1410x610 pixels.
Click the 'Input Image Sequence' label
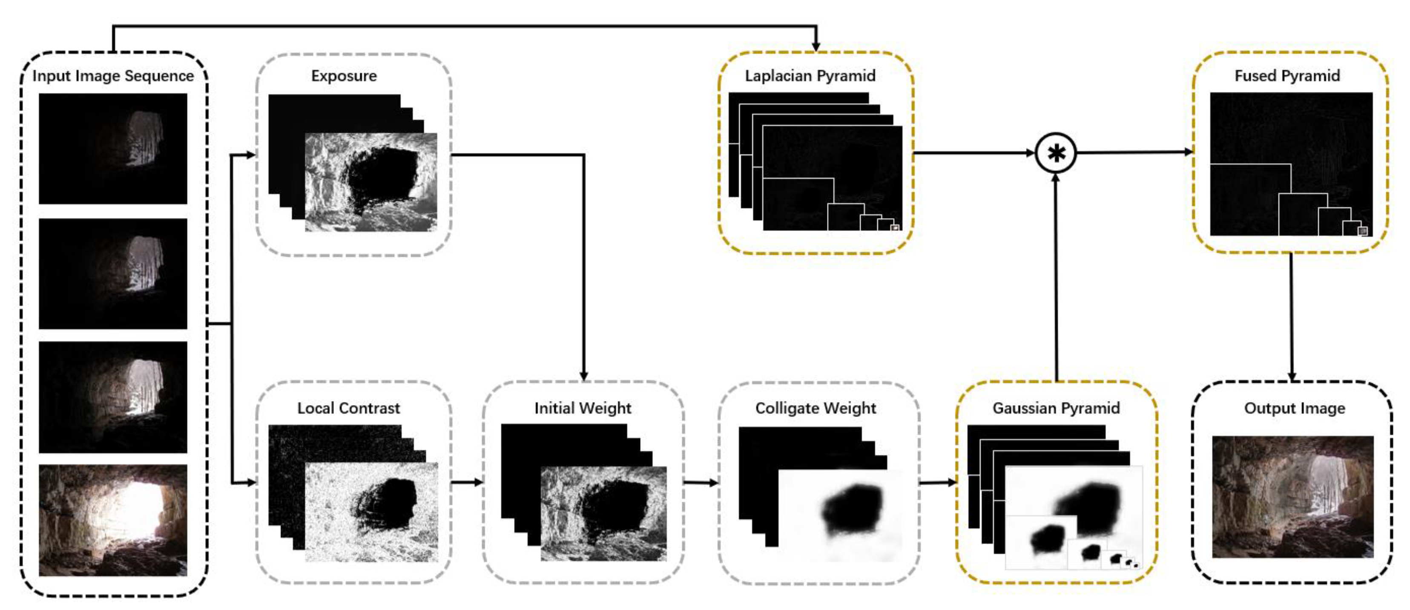click(113, 75)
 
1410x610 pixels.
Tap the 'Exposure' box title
click(344, 75)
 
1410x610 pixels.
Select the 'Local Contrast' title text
click(349, 408)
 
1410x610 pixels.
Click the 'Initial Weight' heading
click(583, 408)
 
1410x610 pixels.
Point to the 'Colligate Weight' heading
click(816, 408)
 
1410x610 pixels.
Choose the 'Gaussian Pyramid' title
click(1056, 408)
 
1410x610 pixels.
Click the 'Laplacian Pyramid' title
click(810, 75)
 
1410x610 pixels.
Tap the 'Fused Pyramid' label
click(1287, 75)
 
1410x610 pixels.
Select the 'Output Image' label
click(1295, 408)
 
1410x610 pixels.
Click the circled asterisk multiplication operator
click(1056, 153)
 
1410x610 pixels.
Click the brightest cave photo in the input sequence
click(113, 520)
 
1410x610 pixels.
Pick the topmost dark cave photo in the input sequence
click(113, 148)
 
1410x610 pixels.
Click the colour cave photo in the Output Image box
click(1292, 497)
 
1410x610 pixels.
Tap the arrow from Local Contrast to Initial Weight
click(467, 482)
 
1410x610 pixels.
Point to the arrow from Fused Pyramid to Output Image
click(1292, 318)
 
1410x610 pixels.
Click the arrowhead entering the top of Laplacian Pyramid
click(816, 46)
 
